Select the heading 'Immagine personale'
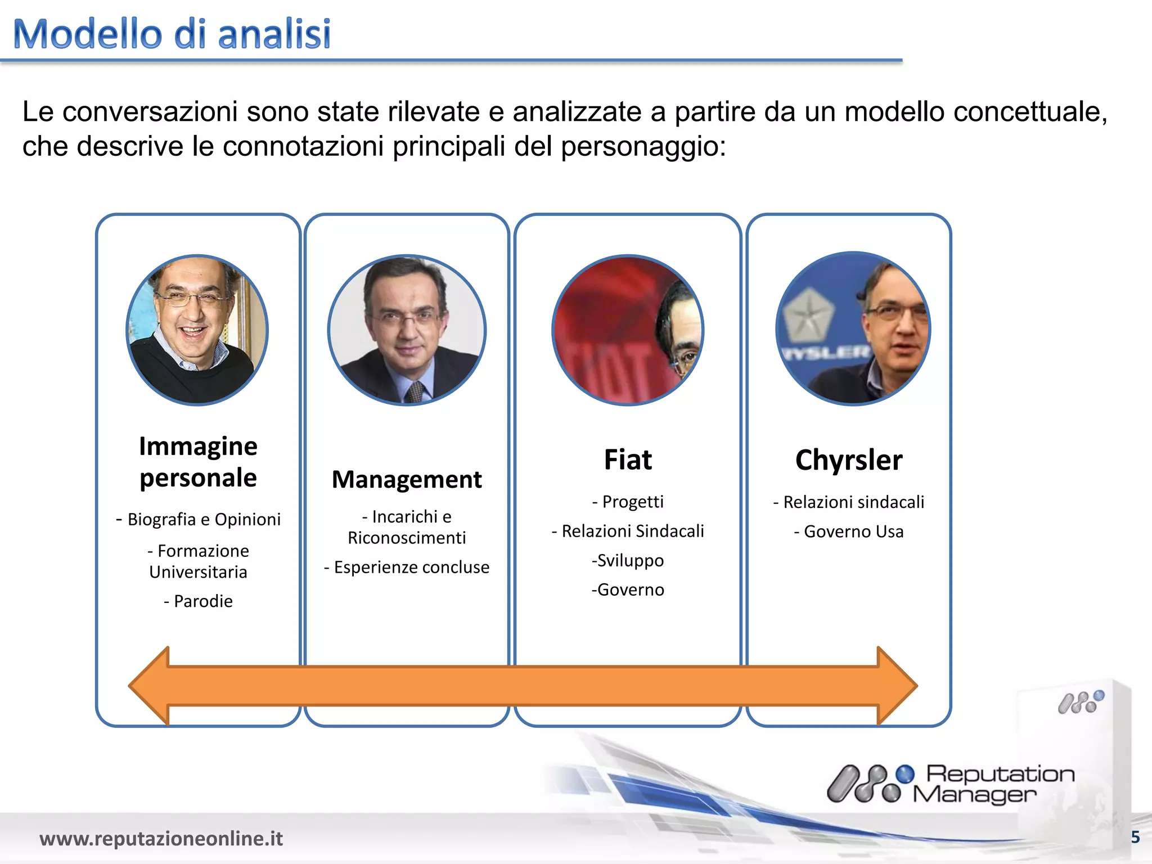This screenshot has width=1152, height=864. [x=198, y=461]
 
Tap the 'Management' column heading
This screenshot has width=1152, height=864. [x=407, y=480]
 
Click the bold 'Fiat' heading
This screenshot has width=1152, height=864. [x=628, y=460]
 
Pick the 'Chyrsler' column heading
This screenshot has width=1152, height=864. [x=849, y=460]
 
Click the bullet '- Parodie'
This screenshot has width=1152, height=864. [x=198, y=601]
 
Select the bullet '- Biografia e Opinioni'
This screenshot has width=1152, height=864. [x=198, y=519]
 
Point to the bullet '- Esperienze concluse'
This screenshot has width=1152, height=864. [x=407, y=567]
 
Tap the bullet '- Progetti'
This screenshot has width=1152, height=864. [x=628, y=501]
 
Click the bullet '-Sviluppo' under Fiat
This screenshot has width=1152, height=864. [x=628, y=560]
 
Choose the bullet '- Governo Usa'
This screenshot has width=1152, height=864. [x=849, y=531]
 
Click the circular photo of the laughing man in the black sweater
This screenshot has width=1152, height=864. [x=197, y=330]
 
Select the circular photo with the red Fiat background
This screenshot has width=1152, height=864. [x=628, y=330]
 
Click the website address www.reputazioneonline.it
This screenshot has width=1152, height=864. [x=161, y=838]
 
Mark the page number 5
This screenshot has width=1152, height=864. [x=1135, y=838]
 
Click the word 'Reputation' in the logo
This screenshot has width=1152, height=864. [x=1000, y=774]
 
